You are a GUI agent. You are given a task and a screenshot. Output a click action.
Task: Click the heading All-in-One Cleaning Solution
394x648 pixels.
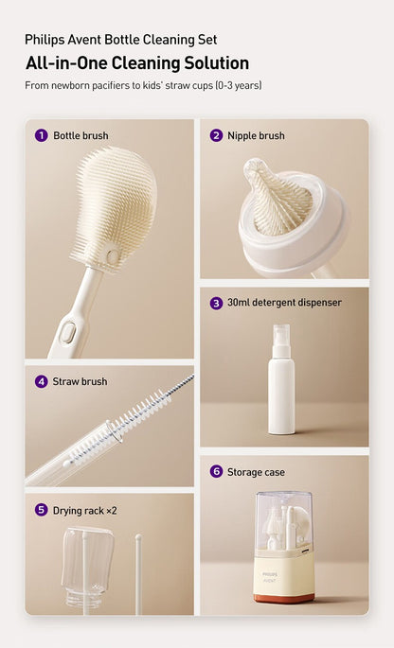coord(137,63)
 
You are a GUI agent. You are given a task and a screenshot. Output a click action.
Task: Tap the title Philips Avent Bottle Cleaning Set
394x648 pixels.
coord(120,40)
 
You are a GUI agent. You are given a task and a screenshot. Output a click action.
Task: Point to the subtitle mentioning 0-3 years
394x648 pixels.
coord(143,86)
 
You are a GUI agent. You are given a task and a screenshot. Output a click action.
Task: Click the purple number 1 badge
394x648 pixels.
coord(41,135)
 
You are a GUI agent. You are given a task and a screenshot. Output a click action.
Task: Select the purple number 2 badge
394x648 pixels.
coord(216,135)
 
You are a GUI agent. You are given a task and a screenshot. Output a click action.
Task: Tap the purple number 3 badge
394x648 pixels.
coord(216,303)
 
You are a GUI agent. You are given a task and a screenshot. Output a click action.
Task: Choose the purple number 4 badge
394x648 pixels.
coord(41,381)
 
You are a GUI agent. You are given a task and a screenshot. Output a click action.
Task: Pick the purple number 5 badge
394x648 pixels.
coord(41,510)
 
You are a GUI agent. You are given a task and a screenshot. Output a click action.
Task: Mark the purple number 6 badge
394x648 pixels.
coord(216,471)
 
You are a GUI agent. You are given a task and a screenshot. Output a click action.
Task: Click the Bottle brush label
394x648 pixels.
coord(81,135)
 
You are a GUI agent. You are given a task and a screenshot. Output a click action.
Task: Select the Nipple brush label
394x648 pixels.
coord(256,135)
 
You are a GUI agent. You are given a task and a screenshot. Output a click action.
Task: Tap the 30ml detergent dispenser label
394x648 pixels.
coord(284,303)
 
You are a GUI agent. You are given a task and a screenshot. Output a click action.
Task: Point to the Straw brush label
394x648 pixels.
coord(80,381)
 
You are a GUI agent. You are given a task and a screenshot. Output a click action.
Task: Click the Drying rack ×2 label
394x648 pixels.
coord(85,510)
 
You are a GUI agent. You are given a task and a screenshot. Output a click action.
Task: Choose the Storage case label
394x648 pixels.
coord(256,471)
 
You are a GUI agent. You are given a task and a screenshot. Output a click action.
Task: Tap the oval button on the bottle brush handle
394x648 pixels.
coord(67,332)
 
